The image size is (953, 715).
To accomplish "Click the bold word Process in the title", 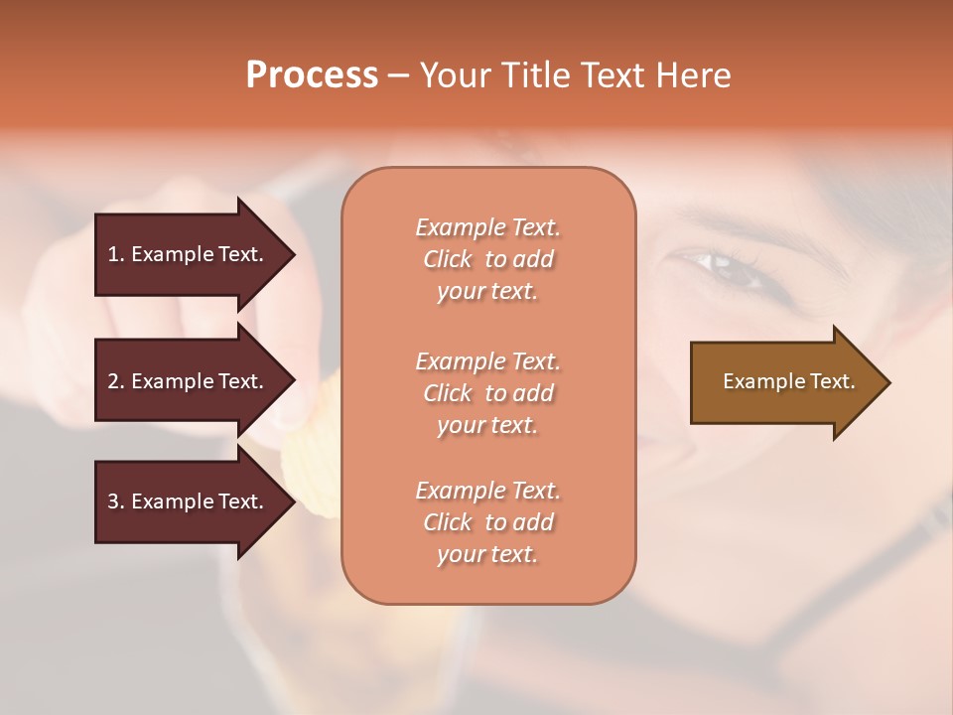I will tap(312, 75).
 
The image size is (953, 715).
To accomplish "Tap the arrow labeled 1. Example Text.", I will tap(189, 254).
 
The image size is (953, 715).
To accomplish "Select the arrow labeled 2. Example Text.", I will tap(189, 381).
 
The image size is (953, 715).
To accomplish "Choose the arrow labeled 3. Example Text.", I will tap(189, 501).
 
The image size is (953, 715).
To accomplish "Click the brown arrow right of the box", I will tap(784, 382).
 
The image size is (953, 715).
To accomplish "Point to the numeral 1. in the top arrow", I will tap(116, 254).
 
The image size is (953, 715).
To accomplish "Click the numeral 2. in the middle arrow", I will tap(116, 381).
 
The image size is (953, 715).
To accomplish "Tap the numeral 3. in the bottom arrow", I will tap(116, 501).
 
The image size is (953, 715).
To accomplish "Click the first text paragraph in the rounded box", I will tap(487, 259).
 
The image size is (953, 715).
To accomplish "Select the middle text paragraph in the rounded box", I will tap(487, 393).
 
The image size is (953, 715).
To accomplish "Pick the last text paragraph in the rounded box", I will tap(487, 522).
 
